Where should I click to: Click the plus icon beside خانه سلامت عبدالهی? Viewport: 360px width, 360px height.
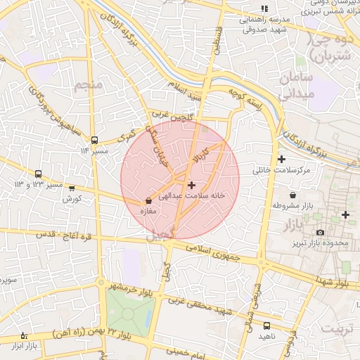click(192, 184)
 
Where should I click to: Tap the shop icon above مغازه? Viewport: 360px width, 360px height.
click(148, 201)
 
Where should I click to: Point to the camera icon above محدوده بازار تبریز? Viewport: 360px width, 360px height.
click(321, 232)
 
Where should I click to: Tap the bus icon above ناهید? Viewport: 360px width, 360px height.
click(266, 326)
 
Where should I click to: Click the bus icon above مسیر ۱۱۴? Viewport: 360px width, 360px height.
click(94, 139)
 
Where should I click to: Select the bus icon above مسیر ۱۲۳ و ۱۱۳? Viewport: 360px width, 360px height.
click(38, 174)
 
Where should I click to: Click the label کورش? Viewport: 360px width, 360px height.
click(72, 199)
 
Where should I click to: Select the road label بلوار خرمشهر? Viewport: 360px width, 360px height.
click(129, 288)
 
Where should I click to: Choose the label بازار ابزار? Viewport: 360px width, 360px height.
click(24, 347)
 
